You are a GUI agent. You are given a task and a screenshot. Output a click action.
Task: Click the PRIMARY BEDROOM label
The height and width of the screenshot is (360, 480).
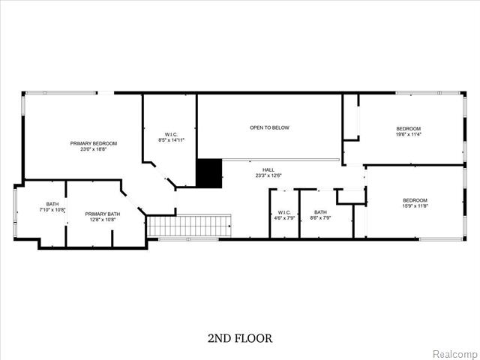94,143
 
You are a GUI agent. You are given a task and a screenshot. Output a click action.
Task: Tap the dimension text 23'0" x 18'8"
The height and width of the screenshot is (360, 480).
94,149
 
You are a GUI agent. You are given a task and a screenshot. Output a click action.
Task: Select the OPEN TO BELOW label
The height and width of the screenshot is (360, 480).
269,127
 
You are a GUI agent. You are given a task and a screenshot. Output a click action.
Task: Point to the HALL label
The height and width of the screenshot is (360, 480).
268,169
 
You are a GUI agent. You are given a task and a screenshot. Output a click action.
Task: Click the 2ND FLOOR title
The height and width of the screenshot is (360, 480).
240,338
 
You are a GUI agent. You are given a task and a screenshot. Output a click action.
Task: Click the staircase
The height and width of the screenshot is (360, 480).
187,226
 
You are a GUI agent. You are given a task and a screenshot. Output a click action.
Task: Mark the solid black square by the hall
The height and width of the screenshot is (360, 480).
210,173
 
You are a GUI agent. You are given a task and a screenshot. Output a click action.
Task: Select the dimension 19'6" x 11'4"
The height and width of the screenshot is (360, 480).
409,134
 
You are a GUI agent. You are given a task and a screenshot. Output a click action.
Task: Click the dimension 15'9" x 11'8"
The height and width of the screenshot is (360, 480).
415,205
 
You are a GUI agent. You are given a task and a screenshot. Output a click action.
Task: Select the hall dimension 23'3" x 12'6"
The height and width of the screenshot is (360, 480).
268,175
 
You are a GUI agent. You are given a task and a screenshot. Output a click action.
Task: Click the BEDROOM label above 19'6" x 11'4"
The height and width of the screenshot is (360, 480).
409,128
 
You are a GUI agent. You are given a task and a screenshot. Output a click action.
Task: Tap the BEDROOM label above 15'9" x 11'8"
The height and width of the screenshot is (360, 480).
415,199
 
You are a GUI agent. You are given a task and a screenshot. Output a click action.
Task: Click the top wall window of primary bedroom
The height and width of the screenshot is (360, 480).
70,92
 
